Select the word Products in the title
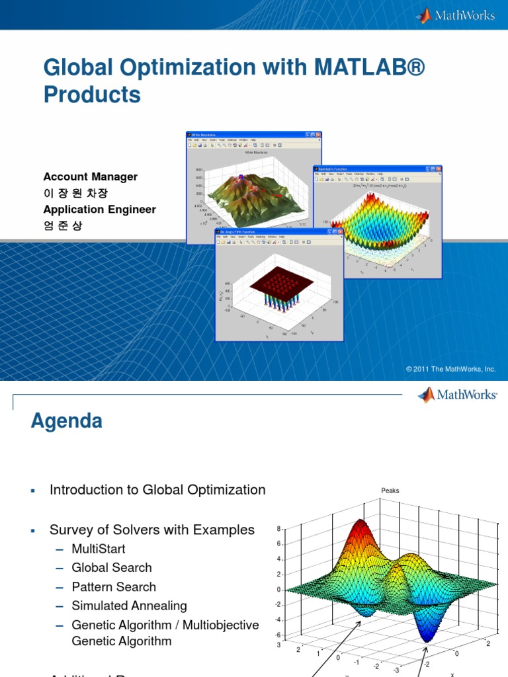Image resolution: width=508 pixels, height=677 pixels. (92, 95)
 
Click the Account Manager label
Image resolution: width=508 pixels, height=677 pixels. (91, 177)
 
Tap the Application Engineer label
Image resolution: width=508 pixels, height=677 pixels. (100, 210)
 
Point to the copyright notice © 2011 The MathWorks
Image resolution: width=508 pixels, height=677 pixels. (450, 369)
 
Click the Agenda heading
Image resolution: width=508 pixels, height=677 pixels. (66, 421)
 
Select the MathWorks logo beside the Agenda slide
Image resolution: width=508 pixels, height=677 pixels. (457, 395)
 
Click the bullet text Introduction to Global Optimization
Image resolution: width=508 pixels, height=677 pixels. (157, 490)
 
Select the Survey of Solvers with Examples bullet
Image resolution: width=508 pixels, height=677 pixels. (151, 530)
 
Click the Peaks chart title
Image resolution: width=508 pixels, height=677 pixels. (390, 491)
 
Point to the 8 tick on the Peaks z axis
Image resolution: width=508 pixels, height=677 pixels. (279, 528)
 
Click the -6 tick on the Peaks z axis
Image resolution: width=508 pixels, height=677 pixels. (278, 635)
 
